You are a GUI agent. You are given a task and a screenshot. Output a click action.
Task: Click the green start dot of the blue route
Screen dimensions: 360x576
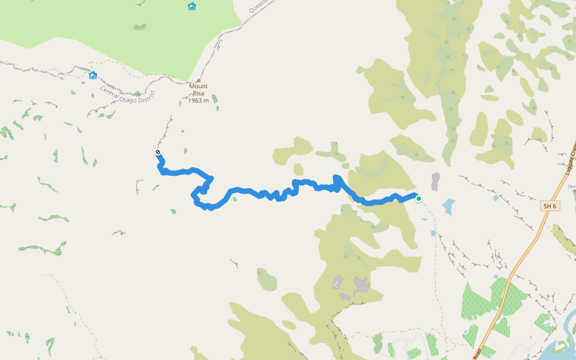tap(418, 199)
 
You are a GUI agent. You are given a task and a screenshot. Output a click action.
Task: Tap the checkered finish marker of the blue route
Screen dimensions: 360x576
tap(158, 152)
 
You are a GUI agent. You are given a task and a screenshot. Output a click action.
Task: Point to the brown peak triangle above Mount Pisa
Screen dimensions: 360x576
tap(199, 80)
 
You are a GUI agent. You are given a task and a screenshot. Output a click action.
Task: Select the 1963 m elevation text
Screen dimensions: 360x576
tap(199, 100)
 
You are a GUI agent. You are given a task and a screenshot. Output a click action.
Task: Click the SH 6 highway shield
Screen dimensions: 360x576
tap(550, 206)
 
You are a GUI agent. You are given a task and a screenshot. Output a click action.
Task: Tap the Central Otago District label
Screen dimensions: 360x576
tap(128, 95)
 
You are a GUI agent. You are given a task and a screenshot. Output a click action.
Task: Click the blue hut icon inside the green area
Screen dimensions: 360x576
tap(192, 7)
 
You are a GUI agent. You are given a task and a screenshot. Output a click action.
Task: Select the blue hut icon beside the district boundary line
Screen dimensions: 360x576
tap(93, 76)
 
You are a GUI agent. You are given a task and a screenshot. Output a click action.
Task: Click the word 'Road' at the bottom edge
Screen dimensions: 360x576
tap(477, 354)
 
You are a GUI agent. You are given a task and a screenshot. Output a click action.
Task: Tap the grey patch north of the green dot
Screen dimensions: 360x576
tap(435, 181)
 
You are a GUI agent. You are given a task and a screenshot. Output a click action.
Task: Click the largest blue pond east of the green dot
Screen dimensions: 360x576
tap(449, 206)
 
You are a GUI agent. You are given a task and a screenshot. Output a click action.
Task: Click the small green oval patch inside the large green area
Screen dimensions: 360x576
tap(140, 27)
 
